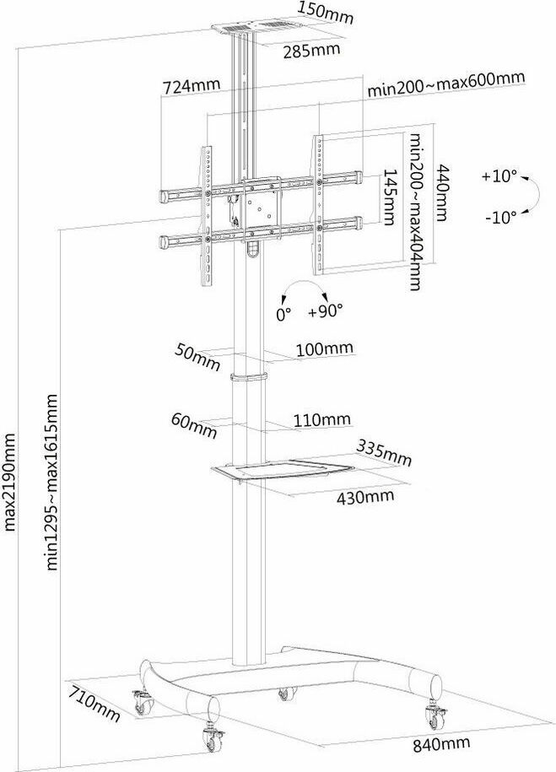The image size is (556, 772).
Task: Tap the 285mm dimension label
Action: [x=311, y=51]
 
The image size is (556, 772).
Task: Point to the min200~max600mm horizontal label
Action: [x=446, y=84]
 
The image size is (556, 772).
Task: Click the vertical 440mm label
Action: [x=442, y=192]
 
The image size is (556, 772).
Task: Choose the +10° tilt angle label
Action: [x=499, y=176]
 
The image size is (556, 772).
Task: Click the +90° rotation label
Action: [x=326, y=310]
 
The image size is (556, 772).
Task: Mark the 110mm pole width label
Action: [x=322, y=420]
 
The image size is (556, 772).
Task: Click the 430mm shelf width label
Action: [x=365, y=496]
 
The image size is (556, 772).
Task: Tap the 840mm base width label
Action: [x=441, y=744]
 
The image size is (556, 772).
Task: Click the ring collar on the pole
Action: [x=248, y=377]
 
